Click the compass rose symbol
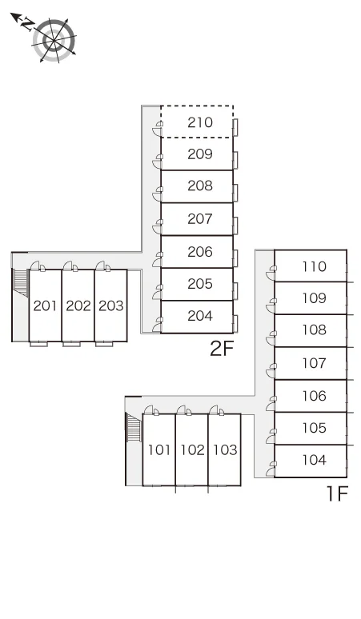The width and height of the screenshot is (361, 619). point(54,40)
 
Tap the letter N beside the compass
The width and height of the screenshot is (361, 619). point(27,25)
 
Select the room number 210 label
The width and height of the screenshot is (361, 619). point(200,122)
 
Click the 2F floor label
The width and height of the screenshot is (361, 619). point(222,348)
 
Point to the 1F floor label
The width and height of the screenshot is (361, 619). point(337,493)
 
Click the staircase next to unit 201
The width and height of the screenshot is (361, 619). point(21,282)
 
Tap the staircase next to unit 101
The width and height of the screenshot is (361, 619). point(134,427)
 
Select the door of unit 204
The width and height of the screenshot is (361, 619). point(157,325)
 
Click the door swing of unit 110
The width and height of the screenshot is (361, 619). point(271,274)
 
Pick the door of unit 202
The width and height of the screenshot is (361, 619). point(70,266)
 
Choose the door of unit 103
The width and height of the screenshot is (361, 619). point(217,410)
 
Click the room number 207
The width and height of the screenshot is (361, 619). point(200,218)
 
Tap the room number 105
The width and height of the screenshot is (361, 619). point(315,428)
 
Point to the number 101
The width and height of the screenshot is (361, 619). point(159,449)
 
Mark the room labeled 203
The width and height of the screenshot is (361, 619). point(111,306)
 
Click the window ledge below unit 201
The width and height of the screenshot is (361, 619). point(38,344)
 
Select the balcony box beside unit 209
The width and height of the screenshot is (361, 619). point(235,160)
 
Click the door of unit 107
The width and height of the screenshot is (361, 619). point(271,371)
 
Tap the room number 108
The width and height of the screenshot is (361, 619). point(315,329)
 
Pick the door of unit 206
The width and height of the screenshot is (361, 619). point(157,259)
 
